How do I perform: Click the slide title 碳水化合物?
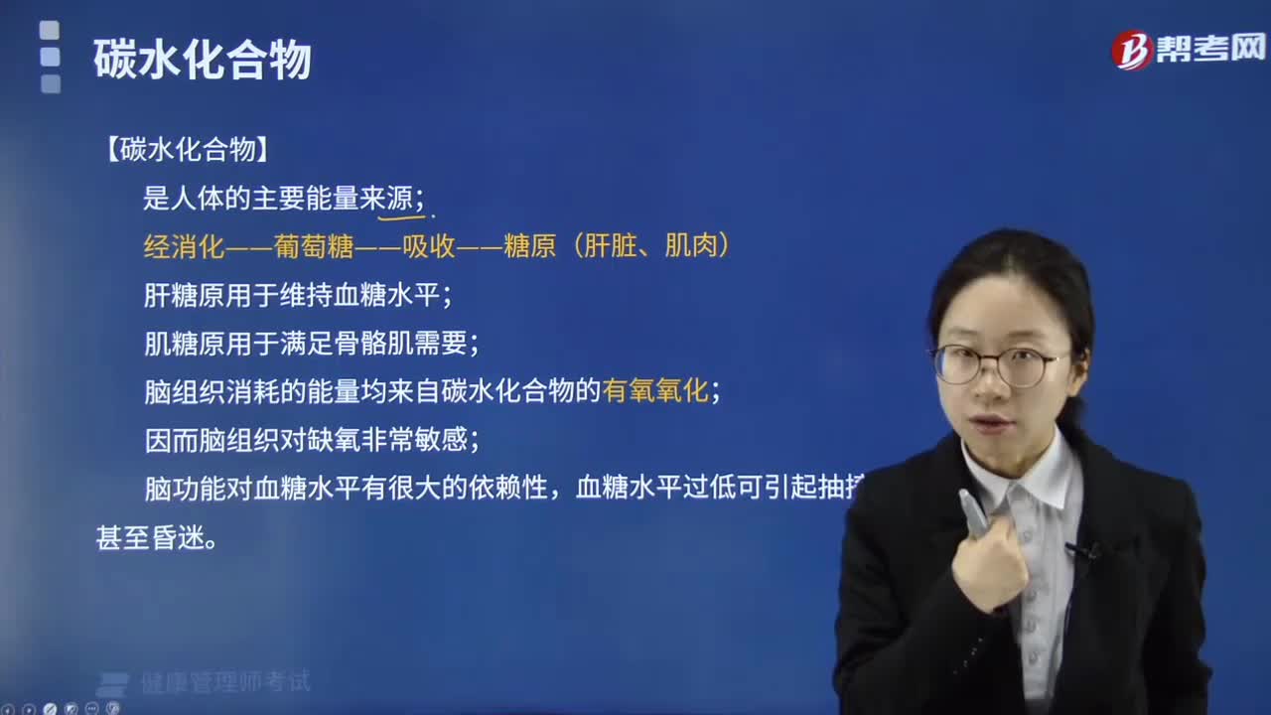point(203,60)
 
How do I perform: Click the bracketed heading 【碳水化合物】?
point(186,150)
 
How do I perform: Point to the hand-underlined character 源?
point(400,199)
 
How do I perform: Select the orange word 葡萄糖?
point(314,246)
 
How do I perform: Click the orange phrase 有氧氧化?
point(655,391)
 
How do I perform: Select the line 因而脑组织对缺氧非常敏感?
point(311,440)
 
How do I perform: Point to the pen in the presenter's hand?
point(972,511)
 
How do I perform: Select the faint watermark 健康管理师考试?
point(224,682)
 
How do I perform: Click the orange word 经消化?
point(185,246)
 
